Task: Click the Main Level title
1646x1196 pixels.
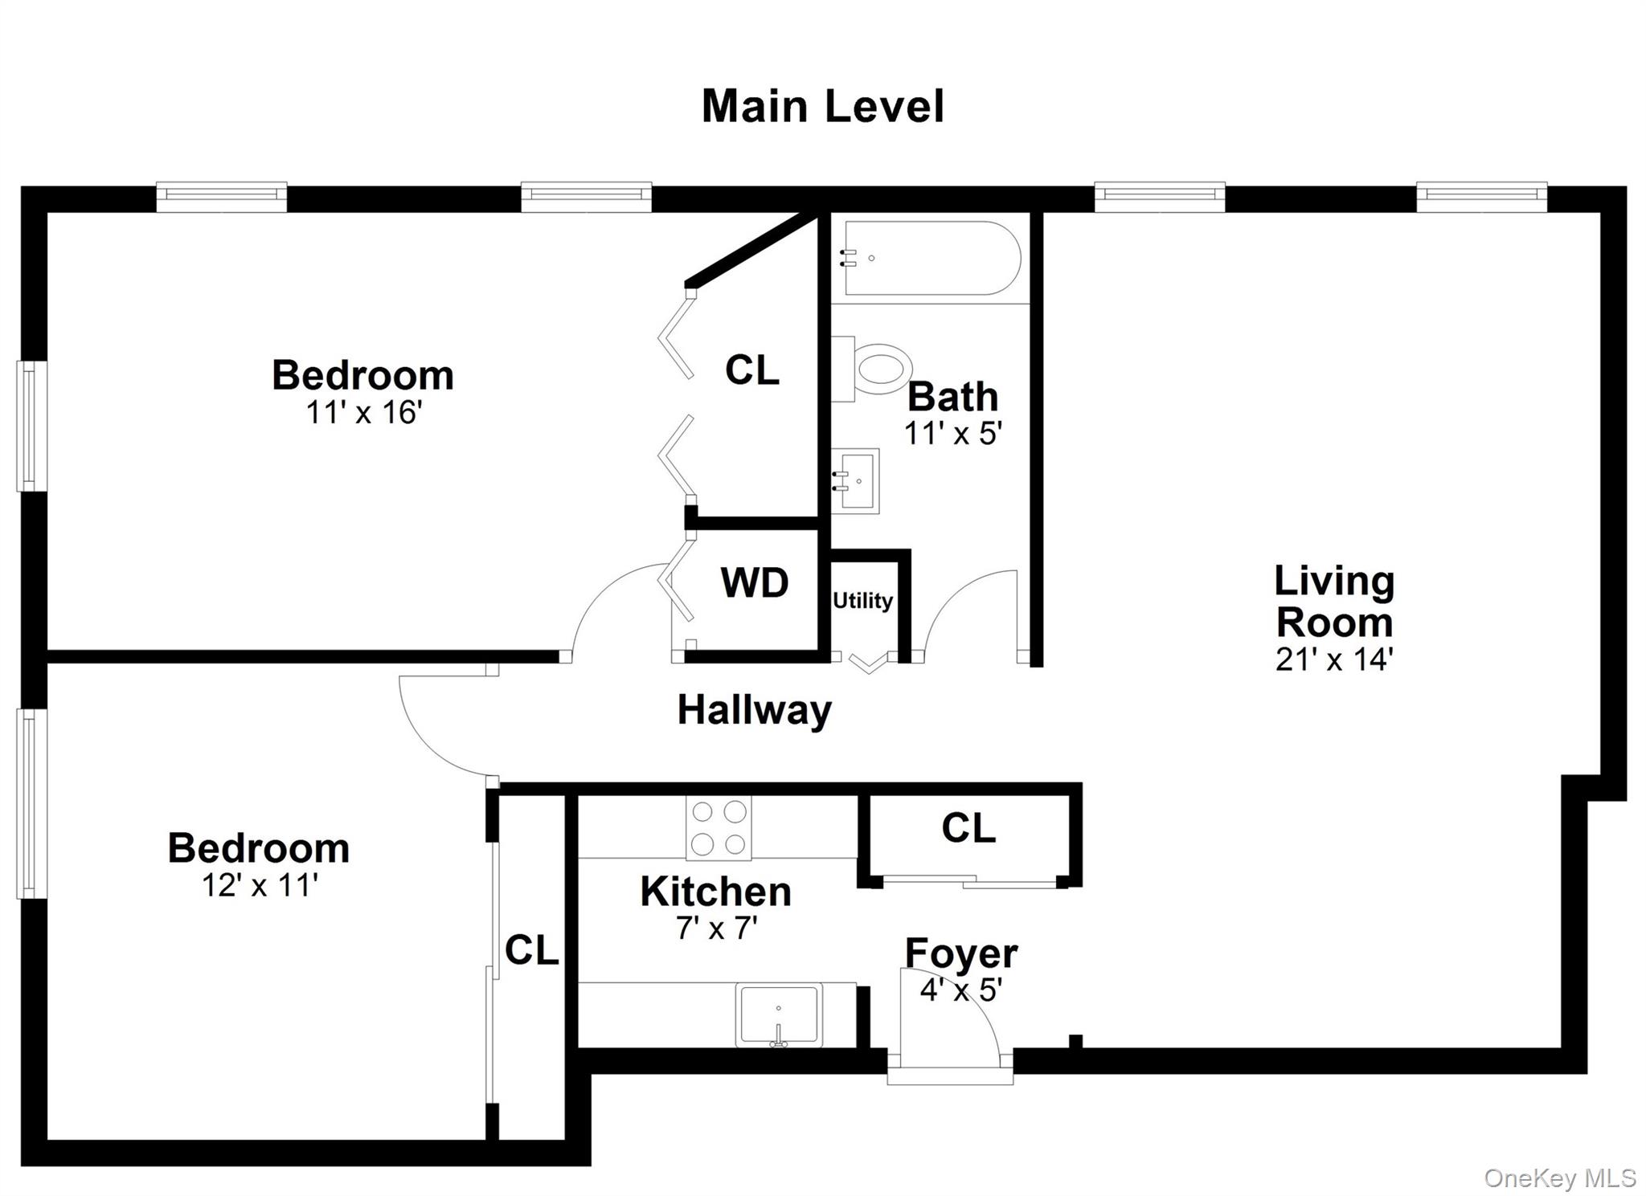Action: [822, 107]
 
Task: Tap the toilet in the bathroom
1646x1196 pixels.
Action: [876, 369]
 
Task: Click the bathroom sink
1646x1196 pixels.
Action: [857, 481]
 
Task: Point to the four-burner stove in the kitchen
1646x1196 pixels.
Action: [719, 828]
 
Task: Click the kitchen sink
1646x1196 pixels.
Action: [779, 1015]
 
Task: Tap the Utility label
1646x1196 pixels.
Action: [862, 601]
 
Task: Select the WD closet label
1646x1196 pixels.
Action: [754, 583]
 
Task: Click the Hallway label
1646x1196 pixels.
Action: [754, 710]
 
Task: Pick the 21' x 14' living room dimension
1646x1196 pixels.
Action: [1333, 659]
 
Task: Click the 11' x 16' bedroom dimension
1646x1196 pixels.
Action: [363, 413]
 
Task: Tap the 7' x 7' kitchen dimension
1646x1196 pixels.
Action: [716, 929]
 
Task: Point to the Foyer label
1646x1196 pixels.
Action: [961, 953]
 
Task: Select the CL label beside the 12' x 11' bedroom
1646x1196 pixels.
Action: [531, 950]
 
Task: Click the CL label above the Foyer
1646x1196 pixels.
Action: [968, 828]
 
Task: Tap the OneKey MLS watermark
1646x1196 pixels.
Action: [1559, 1178]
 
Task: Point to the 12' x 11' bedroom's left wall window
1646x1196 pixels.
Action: [29, 803]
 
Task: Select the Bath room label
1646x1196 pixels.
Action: [952, 397]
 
